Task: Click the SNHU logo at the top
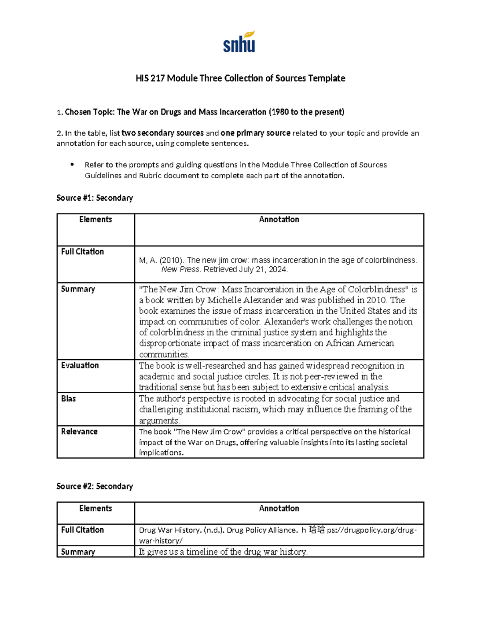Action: point(239,42)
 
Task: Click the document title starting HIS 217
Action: point(240,79)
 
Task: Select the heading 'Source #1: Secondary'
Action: point(95,198)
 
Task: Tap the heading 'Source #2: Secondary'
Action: point(95,486)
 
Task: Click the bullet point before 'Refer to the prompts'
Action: point(72,165)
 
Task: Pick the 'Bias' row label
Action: point(69,399)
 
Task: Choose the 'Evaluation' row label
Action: point(80,365)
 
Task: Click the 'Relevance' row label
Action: point(79,431)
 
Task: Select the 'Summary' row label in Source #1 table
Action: point(78,289)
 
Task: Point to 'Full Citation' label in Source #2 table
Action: point(82,529)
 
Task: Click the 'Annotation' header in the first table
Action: point(279,219)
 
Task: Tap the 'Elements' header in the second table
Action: point(95,508)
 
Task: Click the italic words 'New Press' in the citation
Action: point(180,270)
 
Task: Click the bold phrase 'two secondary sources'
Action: point(162,133)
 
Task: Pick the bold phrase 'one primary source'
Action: point(255,133)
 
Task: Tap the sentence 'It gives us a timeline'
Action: point(223,552)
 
